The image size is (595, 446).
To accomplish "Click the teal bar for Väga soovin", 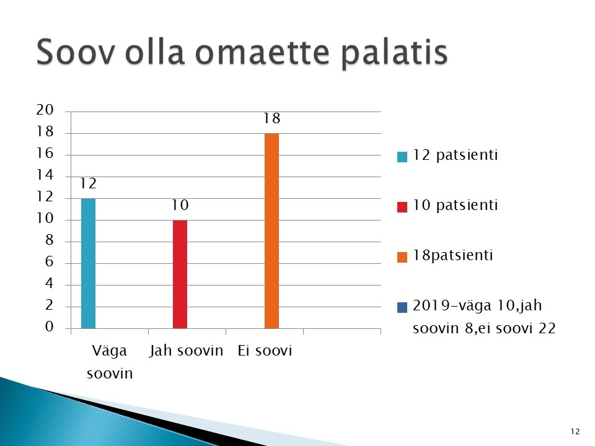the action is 88,263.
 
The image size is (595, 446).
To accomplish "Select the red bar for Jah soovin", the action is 180,274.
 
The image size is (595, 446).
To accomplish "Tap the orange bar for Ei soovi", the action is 271,231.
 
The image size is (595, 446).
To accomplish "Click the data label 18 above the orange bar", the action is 272,118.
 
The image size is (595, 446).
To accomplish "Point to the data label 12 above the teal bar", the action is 89,183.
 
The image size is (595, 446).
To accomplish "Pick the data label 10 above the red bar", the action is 180,205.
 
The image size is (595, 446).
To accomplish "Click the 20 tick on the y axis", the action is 45,110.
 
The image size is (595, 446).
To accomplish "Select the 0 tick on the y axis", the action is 50,326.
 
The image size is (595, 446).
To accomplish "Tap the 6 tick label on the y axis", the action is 50,261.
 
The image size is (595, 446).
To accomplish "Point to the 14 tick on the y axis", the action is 45,175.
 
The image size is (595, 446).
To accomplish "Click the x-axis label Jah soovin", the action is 187,351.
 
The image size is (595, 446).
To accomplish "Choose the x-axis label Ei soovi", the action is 265,351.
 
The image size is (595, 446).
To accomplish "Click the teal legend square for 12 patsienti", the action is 402,157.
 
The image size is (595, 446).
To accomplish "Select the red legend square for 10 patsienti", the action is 402,207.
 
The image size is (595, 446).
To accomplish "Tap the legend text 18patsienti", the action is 452,255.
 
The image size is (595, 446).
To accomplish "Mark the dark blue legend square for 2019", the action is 402,307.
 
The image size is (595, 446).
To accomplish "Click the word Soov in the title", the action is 75,52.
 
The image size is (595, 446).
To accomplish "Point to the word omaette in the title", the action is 262,52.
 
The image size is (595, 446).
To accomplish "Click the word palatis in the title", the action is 394,54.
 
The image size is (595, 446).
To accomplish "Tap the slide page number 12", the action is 575,432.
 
